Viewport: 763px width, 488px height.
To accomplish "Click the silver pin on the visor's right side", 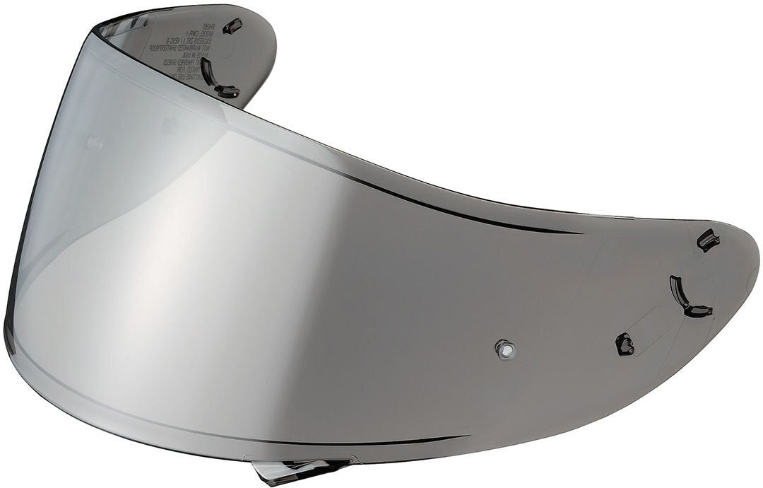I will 504,349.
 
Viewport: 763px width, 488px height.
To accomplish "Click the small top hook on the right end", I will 708,240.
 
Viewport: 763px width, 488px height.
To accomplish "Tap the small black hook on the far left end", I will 232,26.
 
